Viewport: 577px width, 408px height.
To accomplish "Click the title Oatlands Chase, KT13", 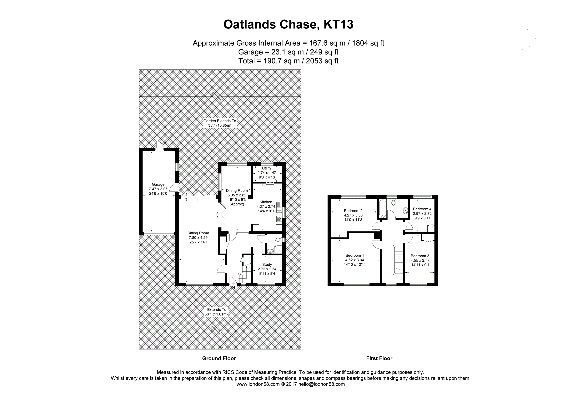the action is [288, 25].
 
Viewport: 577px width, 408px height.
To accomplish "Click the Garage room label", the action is [158, 185].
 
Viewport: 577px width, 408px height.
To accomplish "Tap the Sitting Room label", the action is [198, 233].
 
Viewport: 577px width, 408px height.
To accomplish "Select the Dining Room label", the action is [237, 191].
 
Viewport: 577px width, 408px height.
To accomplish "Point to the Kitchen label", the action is [266, 202].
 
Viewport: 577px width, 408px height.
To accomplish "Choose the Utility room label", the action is [267, 168].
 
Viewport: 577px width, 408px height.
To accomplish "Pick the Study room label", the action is [267, 264].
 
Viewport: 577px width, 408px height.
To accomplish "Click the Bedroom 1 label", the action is [355, 255].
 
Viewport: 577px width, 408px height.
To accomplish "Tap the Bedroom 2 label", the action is [353, 211].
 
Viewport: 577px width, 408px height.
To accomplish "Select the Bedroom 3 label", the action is [420, 256].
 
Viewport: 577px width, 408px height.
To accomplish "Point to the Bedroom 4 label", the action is [422, 209].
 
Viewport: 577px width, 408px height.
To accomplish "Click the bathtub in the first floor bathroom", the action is [382, 208].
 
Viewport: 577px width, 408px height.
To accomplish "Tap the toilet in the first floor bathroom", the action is [394, 202].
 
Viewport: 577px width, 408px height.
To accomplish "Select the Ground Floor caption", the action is [219, 359].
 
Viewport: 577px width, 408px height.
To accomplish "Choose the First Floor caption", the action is [379, 359].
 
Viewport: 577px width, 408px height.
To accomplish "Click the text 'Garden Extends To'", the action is [220, 121].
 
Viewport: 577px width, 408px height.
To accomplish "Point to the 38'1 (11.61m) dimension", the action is [216, 314].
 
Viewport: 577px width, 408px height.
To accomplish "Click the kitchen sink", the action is [279, 207].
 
